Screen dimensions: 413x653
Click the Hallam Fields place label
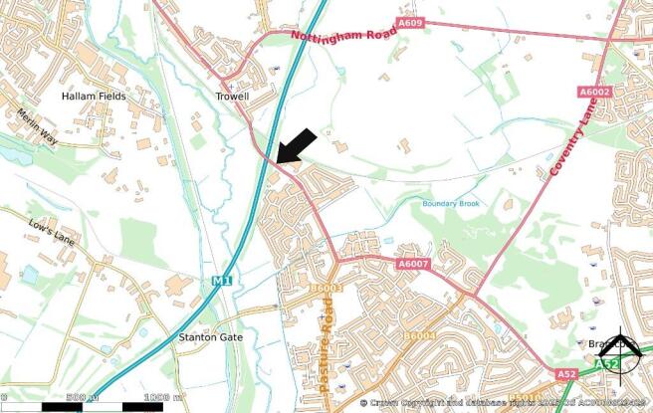pyautogui.click(x=92, y=97)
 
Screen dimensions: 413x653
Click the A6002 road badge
pyautogui.click(x=594, y=92)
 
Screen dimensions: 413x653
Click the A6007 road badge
pyautogui.click(x=411, y=265)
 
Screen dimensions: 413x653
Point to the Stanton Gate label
pyautogui.click(x=206, y=337)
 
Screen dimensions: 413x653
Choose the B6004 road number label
pyautogui.click(x=420, y=338)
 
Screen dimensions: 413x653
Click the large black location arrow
pyautogui.click(x=298, y=145)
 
